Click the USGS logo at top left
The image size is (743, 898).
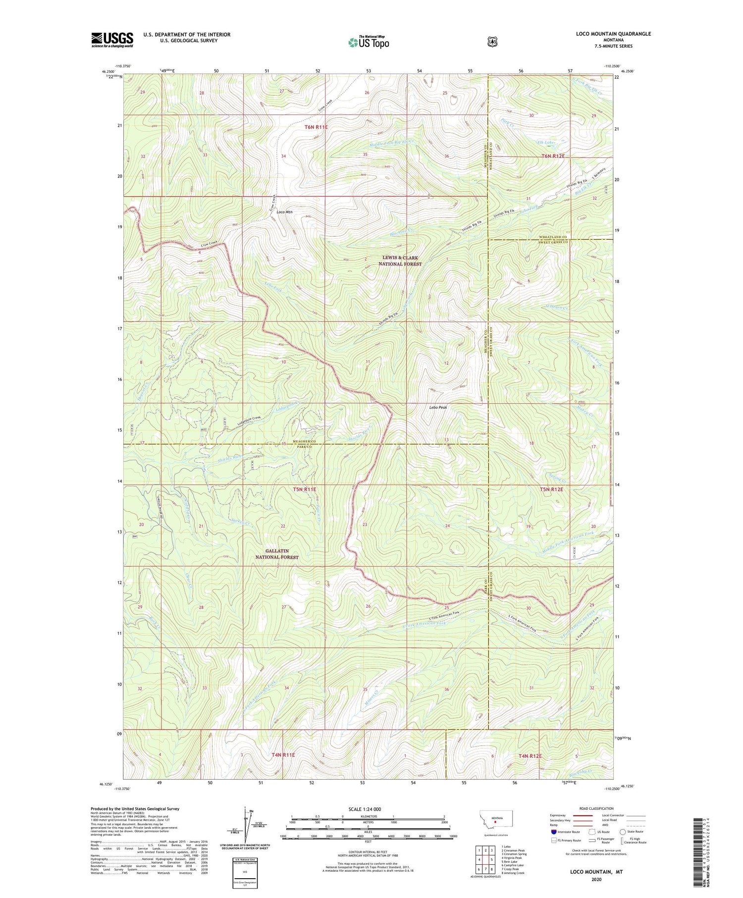pyautogui.click(x=112, y=40)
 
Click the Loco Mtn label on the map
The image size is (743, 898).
pyautogui.click(x=284, y=212)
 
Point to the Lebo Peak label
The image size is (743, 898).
pyautogui.click(x=438, y=408)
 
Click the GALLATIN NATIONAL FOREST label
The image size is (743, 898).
pyautogui.click(x=277, y=554)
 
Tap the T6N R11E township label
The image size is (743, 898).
pyautogui.click(x=316, y=127)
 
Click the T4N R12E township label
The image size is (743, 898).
pyautogui.click(x=530, y=756)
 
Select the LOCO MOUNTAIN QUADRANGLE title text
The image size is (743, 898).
pyautogui.click(x=606, y=34)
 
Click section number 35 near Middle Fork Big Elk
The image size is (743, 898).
pyautogui.click(x=365, y=155)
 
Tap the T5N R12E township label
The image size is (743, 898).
pyautogui.click(x=551, y=489)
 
